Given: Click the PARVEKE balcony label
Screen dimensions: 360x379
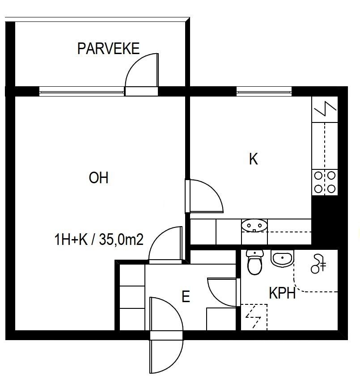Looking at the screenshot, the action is [x=108, y=49].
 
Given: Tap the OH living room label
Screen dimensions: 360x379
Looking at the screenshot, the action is [x=98, y=178].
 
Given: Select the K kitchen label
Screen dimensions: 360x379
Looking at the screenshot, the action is [x=254, y=159].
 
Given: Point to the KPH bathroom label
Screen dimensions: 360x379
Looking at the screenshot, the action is [x=282, y=293].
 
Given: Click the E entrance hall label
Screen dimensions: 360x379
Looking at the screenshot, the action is [x=186, y=296].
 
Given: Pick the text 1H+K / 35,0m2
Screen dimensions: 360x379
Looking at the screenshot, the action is [x=99, y=240].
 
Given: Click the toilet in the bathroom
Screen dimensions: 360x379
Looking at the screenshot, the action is [x=254, y=262].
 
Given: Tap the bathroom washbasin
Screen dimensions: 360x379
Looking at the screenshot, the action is [x=282, y=259].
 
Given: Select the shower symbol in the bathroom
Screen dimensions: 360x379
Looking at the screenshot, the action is [x=318, y=264].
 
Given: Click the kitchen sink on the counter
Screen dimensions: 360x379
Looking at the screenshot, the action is [x=254, y=226].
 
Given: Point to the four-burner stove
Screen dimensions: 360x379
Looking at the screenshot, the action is [x=325, y=182].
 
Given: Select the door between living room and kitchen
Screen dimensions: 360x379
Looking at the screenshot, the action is [x=204, y=196].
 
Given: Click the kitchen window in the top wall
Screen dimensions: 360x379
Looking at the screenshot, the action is [x=264, y=92].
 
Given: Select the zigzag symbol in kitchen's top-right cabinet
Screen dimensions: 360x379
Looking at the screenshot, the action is [x=325, y=109].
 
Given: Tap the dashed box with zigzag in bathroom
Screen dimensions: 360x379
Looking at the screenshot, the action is [x=254, y=317].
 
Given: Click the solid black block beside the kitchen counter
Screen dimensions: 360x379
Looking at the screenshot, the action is [x=324, y=220].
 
